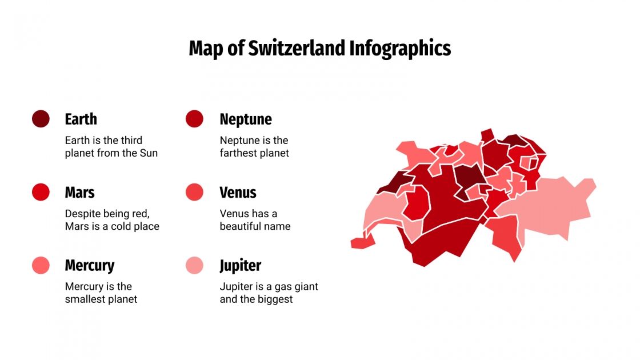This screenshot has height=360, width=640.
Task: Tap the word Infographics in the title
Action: coord(400,49)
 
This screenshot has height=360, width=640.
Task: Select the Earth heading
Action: coord(81,119)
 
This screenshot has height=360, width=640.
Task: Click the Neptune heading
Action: coord(246,119)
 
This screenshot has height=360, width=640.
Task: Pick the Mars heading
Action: coord(79,193)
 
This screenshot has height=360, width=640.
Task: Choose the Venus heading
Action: coord(238,193)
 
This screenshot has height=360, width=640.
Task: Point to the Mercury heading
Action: coord(89,266)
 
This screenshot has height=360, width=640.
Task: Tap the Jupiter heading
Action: coord(240,266)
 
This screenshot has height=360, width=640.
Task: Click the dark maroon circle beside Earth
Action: coord(41,119)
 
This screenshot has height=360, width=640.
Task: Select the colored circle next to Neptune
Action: coord(194,119)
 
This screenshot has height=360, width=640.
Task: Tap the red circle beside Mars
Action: coord(41,192)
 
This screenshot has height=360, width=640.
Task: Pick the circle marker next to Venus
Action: coord(194,192)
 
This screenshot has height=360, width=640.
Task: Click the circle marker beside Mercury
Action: coord(41,265)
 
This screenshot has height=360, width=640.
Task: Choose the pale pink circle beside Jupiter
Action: coord(194,265)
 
